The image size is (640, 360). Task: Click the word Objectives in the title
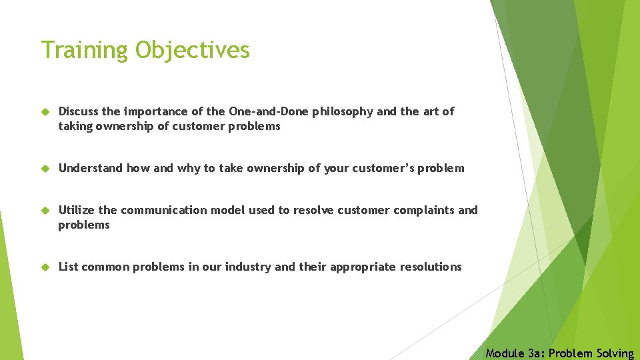click(193, 50)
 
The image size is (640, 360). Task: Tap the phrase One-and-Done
click(269, 111)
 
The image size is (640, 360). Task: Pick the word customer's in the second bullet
click(384, 168)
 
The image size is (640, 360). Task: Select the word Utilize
click(77, 210)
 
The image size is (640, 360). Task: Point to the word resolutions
click(431, 267)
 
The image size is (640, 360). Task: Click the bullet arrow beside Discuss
click(45, 112)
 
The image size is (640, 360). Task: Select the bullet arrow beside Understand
click(45, 169)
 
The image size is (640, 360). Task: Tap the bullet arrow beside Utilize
click(45, 211)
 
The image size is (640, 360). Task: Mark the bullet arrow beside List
click(45, 267)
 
